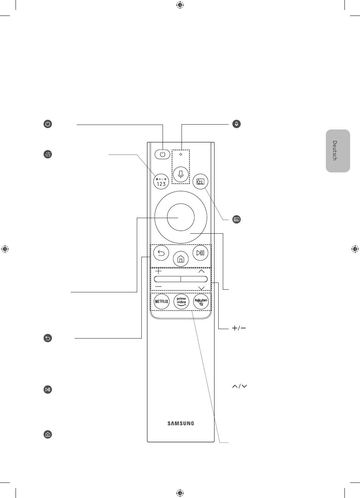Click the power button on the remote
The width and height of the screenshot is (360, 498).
click(162, 154)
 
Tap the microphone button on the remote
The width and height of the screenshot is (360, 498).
click(181, 175)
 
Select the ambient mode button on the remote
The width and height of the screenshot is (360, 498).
click(200, 181)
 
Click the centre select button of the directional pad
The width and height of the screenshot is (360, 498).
click(181, 217)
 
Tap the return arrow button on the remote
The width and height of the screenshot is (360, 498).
click(161, 253)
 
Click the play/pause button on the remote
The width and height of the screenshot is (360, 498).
click(200, 253)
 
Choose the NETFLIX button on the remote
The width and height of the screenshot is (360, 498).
click(161, 301)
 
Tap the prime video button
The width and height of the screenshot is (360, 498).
click(181, 301)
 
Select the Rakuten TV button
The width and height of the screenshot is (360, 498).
click(201, 301)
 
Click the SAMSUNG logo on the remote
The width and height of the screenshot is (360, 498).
click(181, 423)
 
